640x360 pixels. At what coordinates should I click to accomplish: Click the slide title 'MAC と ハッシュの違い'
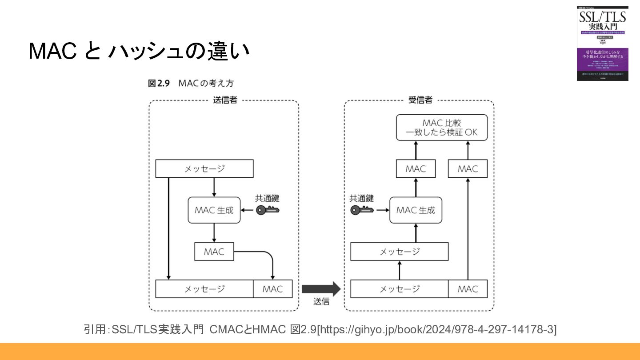pyautogui.click(x=139, y=51)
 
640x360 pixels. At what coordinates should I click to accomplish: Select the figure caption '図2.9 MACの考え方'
pyautogui.click(x=191, y=84)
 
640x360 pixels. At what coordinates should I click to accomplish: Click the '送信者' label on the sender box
pyautogui.click(x=225, y=100)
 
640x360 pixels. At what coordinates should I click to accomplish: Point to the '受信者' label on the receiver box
pyautogui.click(x=420, y=100)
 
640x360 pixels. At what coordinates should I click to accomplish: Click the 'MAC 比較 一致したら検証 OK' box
pyautogui.click(x=441, y=128)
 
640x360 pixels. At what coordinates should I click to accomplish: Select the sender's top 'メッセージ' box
pyautogui.click(x=204, y=169)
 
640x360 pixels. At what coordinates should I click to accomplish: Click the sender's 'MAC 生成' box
pyautogui.click(x=214, y=210)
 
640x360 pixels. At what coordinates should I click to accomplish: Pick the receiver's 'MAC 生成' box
pyautogui.click(x=416, y=210)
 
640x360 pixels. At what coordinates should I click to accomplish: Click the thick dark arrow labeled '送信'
pyautogui.click(x=321, y=289)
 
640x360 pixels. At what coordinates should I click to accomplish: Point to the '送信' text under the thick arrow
pyautogui.click(x=321, y=301)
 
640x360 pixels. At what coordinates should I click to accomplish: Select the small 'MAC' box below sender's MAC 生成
pyautogui.click(x=214, y=252)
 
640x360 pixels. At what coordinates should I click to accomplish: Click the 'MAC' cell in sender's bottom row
pyautogui.click(x=272, y=289)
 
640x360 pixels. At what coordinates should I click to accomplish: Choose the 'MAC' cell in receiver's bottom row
pyautogui.click(x=468, y=289)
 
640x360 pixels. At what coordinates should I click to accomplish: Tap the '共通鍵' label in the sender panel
pyautogui.click(x=267, y=198)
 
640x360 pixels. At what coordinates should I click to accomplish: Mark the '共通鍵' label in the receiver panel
pyautogui.click(x=362, y=198)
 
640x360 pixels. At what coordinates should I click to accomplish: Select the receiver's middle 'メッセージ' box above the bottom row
pyautogui.click(x=400, y=252)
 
